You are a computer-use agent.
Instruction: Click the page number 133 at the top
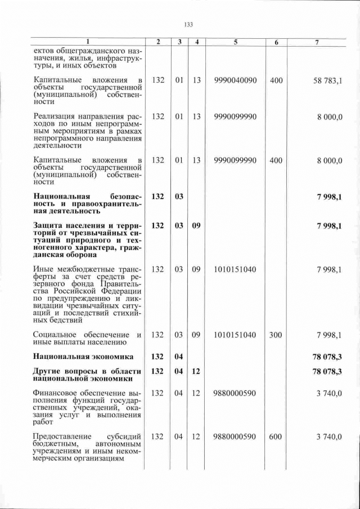click(188, 24)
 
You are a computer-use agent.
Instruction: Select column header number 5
click(236, 43)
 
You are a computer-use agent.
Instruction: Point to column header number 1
click(88, 43)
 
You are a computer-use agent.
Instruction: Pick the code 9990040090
click(236, 81)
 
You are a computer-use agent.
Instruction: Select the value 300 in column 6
click(276, 335)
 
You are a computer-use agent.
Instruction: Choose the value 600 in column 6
click(276, 436)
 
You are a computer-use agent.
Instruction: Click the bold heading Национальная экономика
click(83, 357)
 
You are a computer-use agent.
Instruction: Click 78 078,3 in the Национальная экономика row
click(327, 357)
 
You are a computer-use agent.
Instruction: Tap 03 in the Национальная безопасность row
click(179, 196)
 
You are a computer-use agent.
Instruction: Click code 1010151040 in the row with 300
click(236, 335)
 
